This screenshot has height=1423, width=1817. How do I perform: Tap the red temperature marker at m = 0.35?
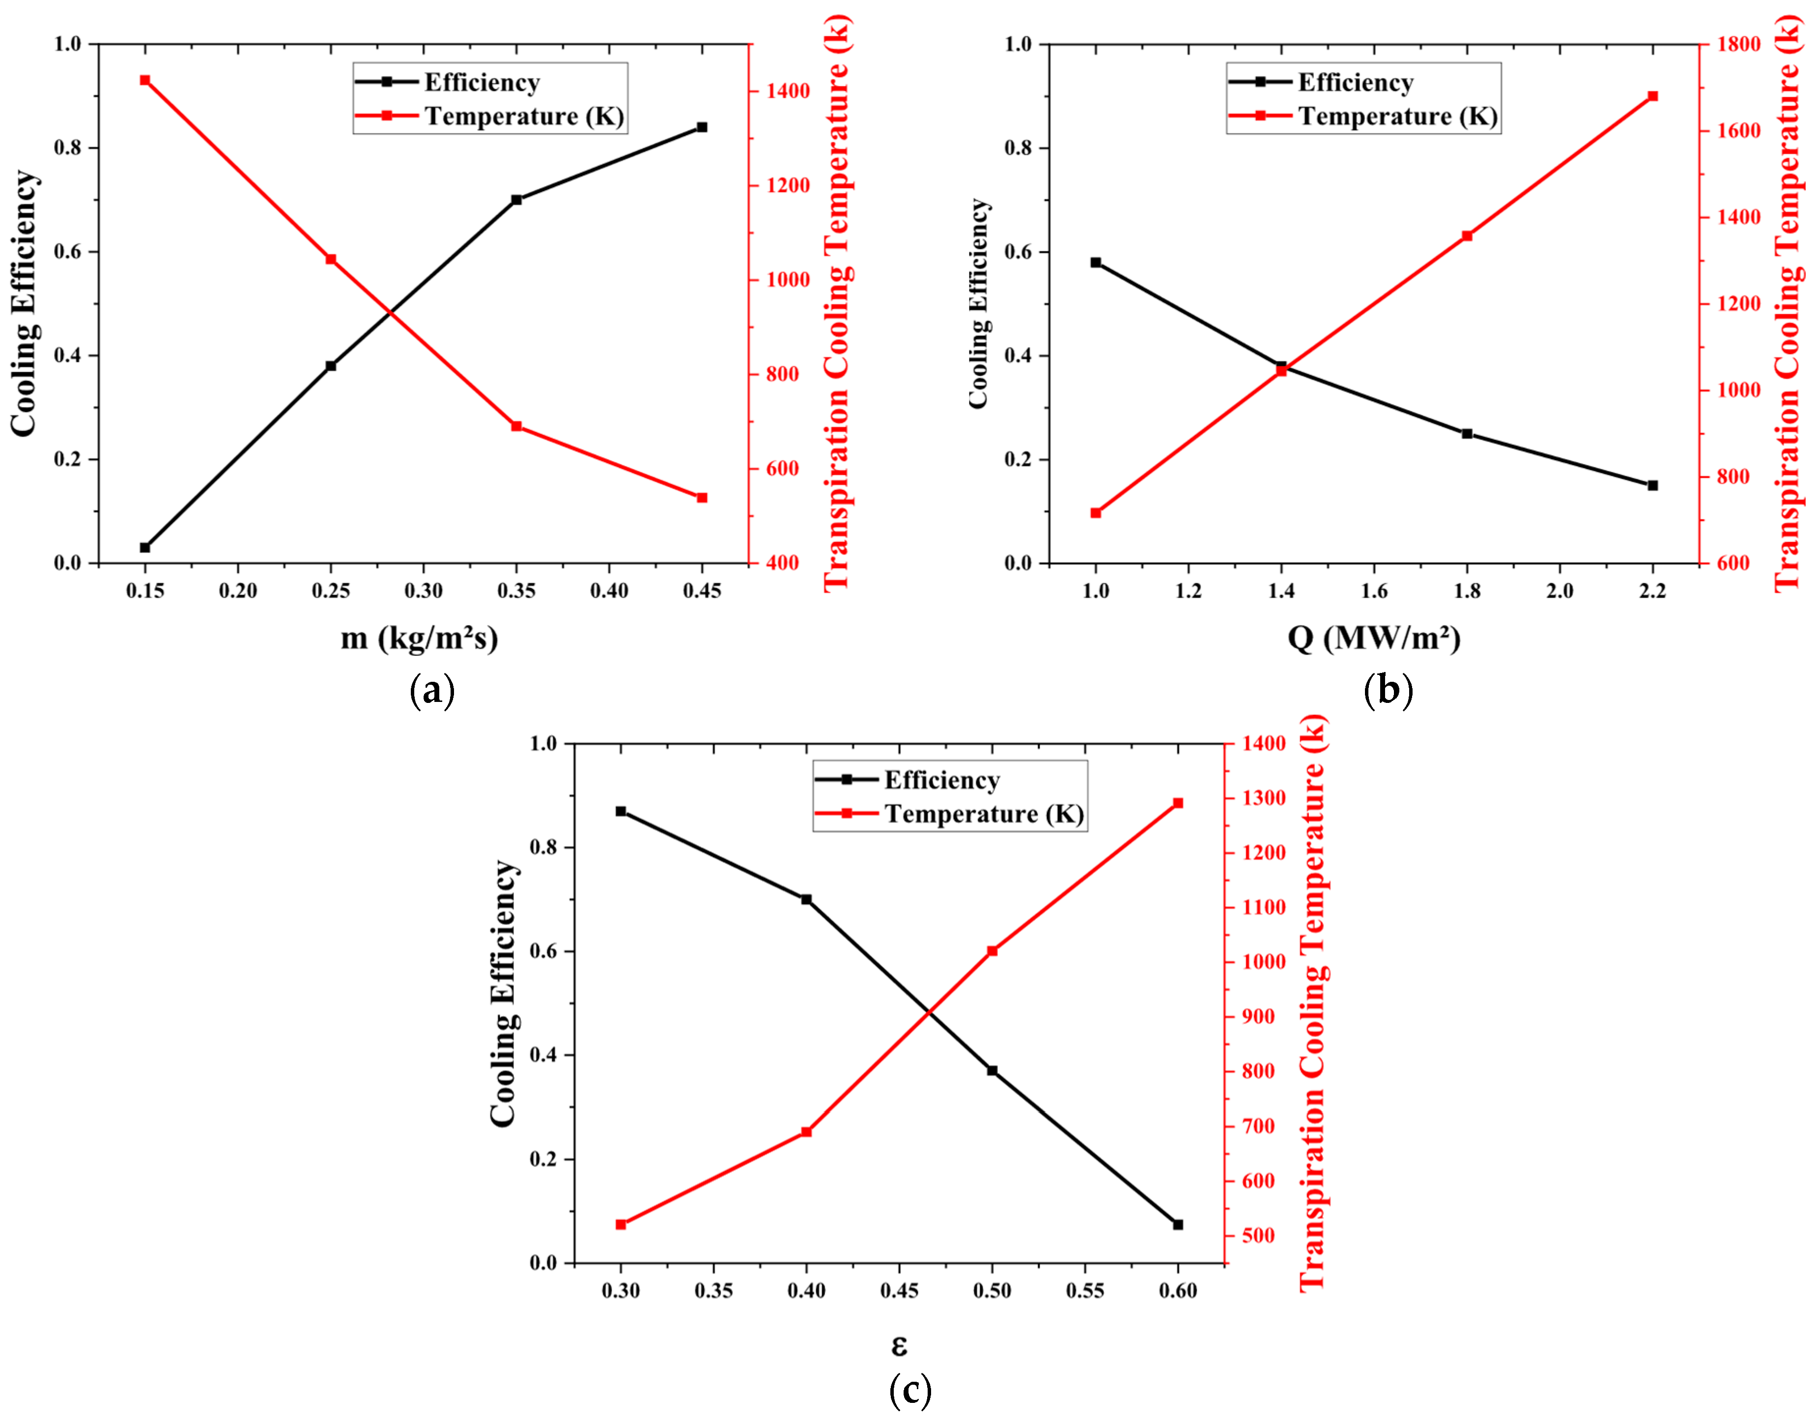(516, 427)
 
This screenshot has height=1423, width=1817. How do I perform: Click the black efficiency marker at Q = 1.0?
(1096, 263)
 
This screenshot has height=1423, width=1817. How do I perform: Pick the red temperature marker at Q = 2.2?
(1653, 97)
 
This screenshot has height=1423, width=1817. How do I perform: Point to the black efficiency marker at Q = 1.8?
(1467, 434)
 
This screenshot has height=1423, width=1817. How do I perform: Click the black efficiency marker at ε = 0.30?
(621, 811)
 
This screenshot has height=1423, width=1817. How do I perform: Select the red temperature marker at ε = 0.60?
(1178, 803)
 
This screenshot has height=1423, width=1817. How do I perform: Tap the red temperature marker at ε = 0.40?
(806, 1132)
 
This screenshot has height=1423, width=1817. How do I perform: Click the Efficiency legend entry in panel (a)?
(481, 82)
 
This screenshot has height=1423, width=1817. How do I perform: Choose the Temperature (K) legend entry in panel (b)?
(1397, 116)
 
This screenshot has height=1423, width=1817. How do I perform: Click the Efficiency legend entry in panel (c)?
(941, 780)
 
